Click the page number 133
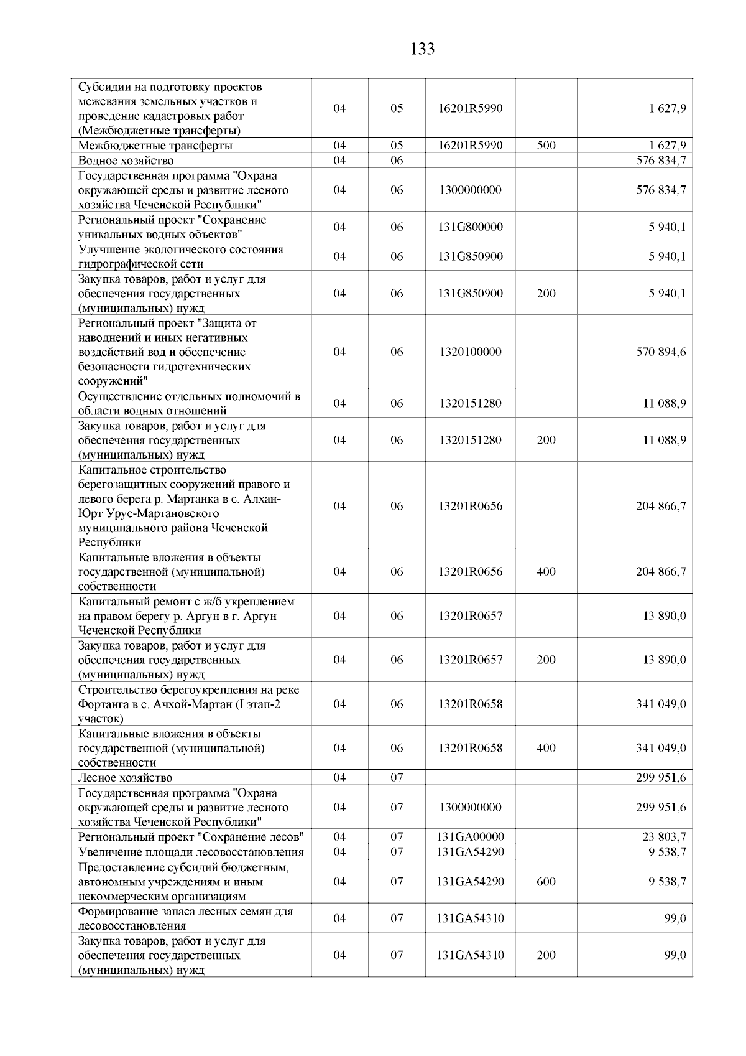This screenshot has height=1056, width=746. pos(423,49)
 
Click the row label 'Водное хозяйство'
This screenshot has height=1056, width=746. pos(126,161)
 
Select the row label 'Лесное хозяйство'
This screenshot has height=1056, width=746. pos(125,777)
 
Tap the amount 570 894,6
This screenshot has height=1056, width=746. pos(661,352)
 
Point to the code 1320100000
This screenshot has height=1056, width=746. pos(470,352)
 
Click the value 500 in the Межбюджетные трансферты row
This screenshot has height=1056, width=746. pos(546,146)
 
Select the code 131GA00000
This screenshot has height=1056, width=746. pos(470,837)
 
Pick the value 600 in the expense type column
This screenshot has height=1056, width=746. pos(546,881)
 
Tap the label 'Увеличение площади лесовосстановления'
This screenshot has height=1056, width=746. pos(191,852)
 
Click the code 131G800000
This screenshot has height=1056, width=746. pos(470,227)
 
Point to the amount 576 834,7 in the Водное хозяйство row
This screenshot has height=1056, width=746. pos(661,161)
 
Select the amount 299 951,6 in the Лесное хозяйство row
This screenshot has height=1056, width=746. pos(661,777)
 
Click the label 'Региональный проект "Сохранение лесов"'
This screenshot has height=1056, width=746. pos(191,837)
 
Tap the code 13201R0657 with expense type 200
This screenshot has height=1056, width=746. pos(470,660)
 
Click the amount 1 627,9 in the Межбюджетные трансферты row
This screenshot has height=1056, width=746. pos(668,146)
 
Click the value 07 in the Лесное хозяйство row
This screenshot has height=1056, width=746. pos(397,777)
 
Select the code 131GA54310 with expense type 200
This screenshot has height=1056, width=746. pos(470,955)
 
